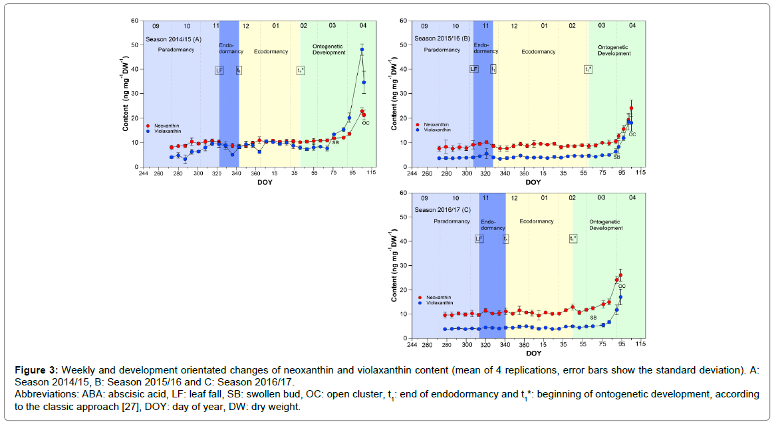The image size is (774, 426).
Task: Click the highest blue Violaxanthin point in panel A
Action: coord(362,49)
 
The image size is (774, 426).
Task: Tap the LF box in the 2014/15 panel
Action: coord(219,70)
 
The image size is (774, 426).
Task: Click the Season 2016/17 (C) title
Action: coord(443,211)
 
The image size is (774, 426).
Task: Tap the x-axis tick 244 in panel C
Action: coord(412,344)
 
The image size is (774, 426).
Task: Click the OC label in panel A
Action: coord(366,122)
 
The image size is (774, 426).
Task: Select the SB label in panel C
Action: coord(593,318)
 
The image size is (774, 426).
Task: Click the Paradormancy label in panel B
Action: coord(442,51)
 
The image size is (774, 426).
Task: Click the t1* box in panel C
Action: coord(573,238)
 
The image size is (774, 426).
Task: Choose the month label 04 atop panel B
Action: coord(632,25)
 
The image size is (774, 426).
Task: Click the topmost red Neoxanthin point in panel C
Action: coord(620,275)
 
